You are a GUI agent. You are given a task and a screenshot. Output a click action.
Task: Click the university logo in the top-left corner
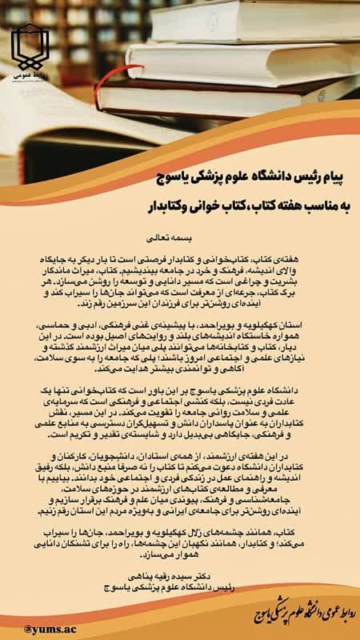30,48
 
